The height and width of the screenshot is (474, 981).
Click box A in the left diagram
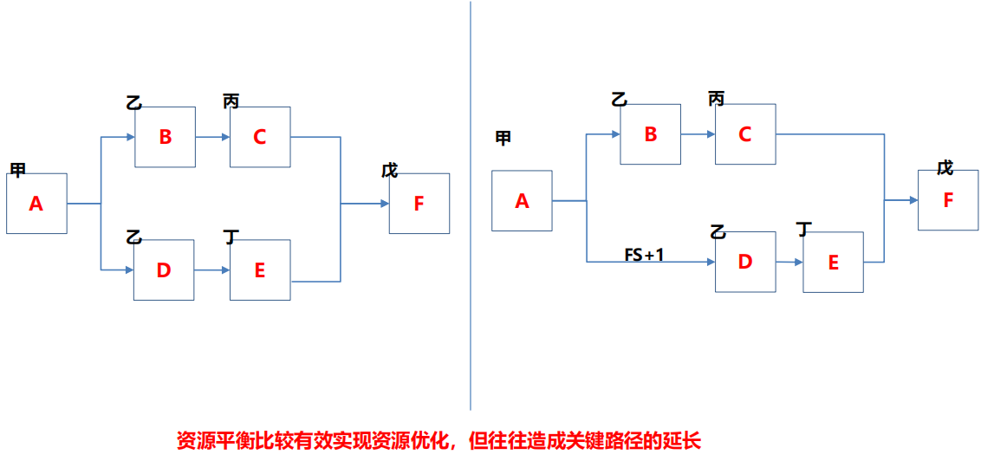[x=36, y=204]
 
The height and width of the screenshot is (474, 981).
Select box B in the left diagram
[x=165, y=137]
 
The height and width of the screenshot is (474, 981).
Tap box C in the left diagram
[x=259, y=137]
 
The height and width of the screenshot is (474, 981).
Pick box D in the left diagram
[x=164, y=270]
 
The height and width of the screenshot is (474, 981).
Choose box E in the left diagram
[x=259, y=270]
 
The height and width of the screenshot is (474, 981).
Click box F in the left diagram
[x=419, y=204]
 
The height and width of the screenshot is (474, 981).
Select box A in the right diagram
[x=522, y=201]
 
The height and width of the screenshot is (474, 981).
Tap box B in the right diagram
[x=650, y=134]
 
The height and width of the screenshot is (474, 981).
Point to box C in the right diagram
[x=744, y=134]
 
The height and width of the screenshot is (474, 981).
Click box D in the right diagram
[x=744, y=262]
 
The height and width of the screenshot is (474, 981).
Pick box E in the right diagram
[x=833, y=263]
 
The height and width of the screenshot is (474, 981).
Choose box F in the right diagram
[x=947, y=200]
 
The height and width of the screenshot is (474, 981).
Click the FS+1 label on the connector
[x=644, y=255]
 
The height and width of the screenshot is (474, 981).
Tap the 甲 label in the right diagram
[x=503, y=139]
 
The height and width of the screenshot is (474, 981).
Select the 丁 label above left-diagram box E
[x=231, y=237]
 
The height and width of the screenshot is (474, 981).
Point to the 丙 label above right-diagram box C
[x=716, y=99]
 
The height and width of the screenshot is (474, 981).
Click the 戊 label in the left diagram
[x=390, y=170]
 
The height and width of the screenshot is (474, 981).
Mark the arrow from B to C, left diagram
[x=212, y=137]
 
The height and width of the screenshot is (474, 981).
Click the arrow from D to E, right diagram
[x=789, y=262]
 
